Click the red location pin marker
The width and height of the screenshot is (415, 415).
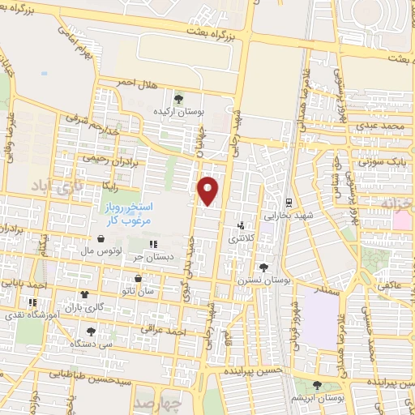[209, 190]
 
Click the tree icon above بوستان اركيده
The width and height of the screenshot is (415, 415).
[178, 98]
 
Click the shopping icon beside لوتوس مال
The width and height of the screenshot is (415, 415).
[100, 239]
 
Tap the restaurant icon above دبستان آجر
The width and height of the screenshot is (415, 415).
[152, 243]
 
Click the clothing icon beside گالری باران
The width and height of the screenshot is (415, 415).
[83, 296]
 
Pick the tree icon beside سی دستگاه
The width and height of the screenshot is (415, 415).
[91, 332]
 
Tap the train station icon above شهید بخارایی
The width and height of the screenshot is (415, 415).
[289, 202]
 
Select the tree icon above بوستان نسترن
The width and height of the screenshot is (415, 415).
[263, 267]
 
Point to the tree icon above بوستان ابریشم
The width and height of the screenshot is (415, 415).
[316, 384]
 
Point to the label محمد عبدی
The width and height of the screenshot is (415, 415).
[382, 127]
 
